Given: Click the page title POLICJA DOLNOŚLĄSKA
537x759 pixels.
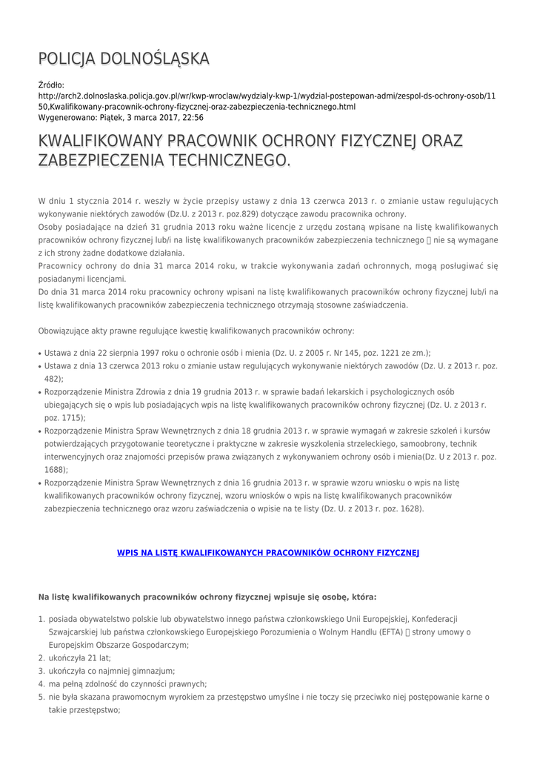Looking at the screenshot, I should (x=124, y=59).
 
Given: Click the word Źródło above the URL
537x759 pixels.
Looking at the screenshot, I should (x=50, y=85).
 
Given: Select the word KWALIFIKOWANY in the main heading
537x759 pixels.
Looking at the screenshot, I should (x=101, y=141).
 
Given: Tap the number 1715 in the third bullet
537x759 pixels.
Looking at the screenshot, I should (x=64, y=417).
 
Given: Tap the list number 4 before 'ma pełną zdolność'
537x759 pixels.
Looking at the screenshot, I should (x=41, y=684).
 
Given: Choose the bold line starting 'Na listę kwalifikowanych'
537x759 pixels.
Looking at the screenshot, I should (x=207, y=596).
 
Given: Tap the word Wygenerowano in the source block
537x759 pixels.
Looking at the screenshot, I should (x=67, y=117).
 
